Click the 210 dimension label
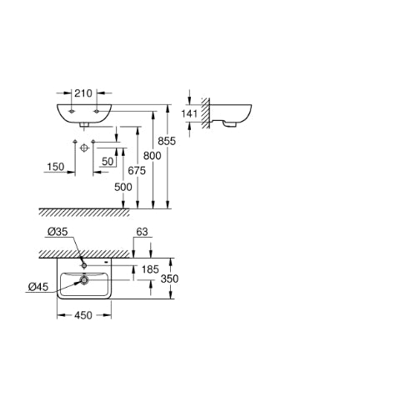click(x=83, y=93)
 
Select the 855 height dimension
click(x=167, y=141)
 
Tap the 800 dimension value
click(x=153, y=156)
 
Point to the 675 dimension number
click(x=137, y=170)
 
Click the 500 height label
click(x=123, y=187)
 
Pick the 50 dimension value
click(x=108, y=161)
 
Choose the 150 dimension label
click(x=56, y=167)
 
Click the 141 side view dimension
click(x=189, y=113)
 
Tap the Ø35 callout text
click(x=58, y=232)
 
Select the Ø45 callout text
click(x=38, y=287)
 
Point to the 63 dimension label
click(x=142, y=232)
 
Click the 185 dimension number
click(x=150, y=269)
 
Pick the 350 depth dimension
click(x=169, y=279)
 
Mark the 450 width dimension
click(x=83, y=315)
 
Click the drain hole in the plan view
click(x=84, y=280)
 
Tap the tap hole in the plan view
click(x=84, y=266)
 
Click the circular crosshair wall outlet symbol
click(x=84, y=148)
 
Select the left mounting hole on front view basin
click(x=72, y=112)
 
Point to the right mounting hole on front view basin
click(x=97, y=112)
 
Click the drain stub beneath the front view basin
click(x=84, y=125)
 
